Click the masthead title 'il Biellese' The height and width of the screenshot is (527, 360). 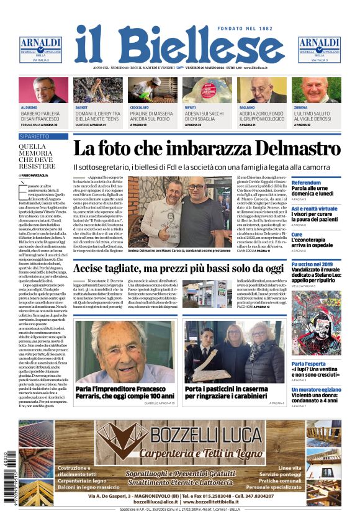pyautogui.click(x=180, y=45)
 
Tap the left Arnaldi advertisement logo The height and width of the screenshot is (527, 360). pyautogui.click(x=40, y=48)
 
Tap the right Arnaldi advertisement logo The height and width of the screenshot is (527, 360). pyautogui.click(x=319, y=48)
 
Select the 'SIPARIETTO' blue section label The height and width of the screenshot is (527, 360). pyautogui.click(x=34, y=135)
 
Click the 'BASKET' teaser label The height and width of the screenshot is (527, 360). pyautogui.click(x=81, y=107)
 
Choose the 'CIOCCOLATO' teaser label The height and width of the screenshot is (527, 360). pyautogui.click(x=139, y=107)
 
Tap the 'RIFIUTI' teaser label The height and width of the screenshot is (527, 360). pyautogui.click(x=190, y=107)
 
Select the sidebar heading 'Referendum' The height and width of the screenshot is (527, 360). pyautogui.click(x=306, y=182)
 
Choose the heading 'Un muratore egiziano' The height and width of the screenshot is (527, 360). pyautogui.click(x=315, y=389)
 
